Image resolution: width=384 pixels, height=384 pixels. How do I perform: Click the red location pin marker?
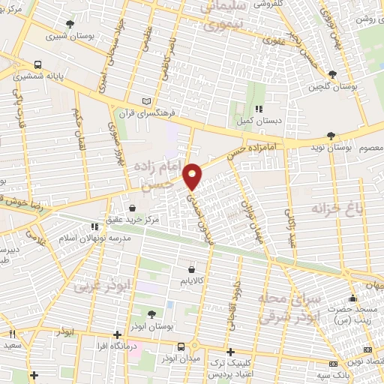point(192,176)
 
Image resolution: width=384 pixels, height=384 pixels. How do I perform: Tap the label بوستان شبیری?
point(65,35)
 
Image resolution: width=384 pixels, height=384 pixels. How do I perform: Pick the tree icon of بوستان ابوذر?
point(152,315)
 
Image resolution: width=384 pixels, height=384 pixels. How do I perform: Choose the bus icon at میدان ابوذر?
point(181,346)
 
